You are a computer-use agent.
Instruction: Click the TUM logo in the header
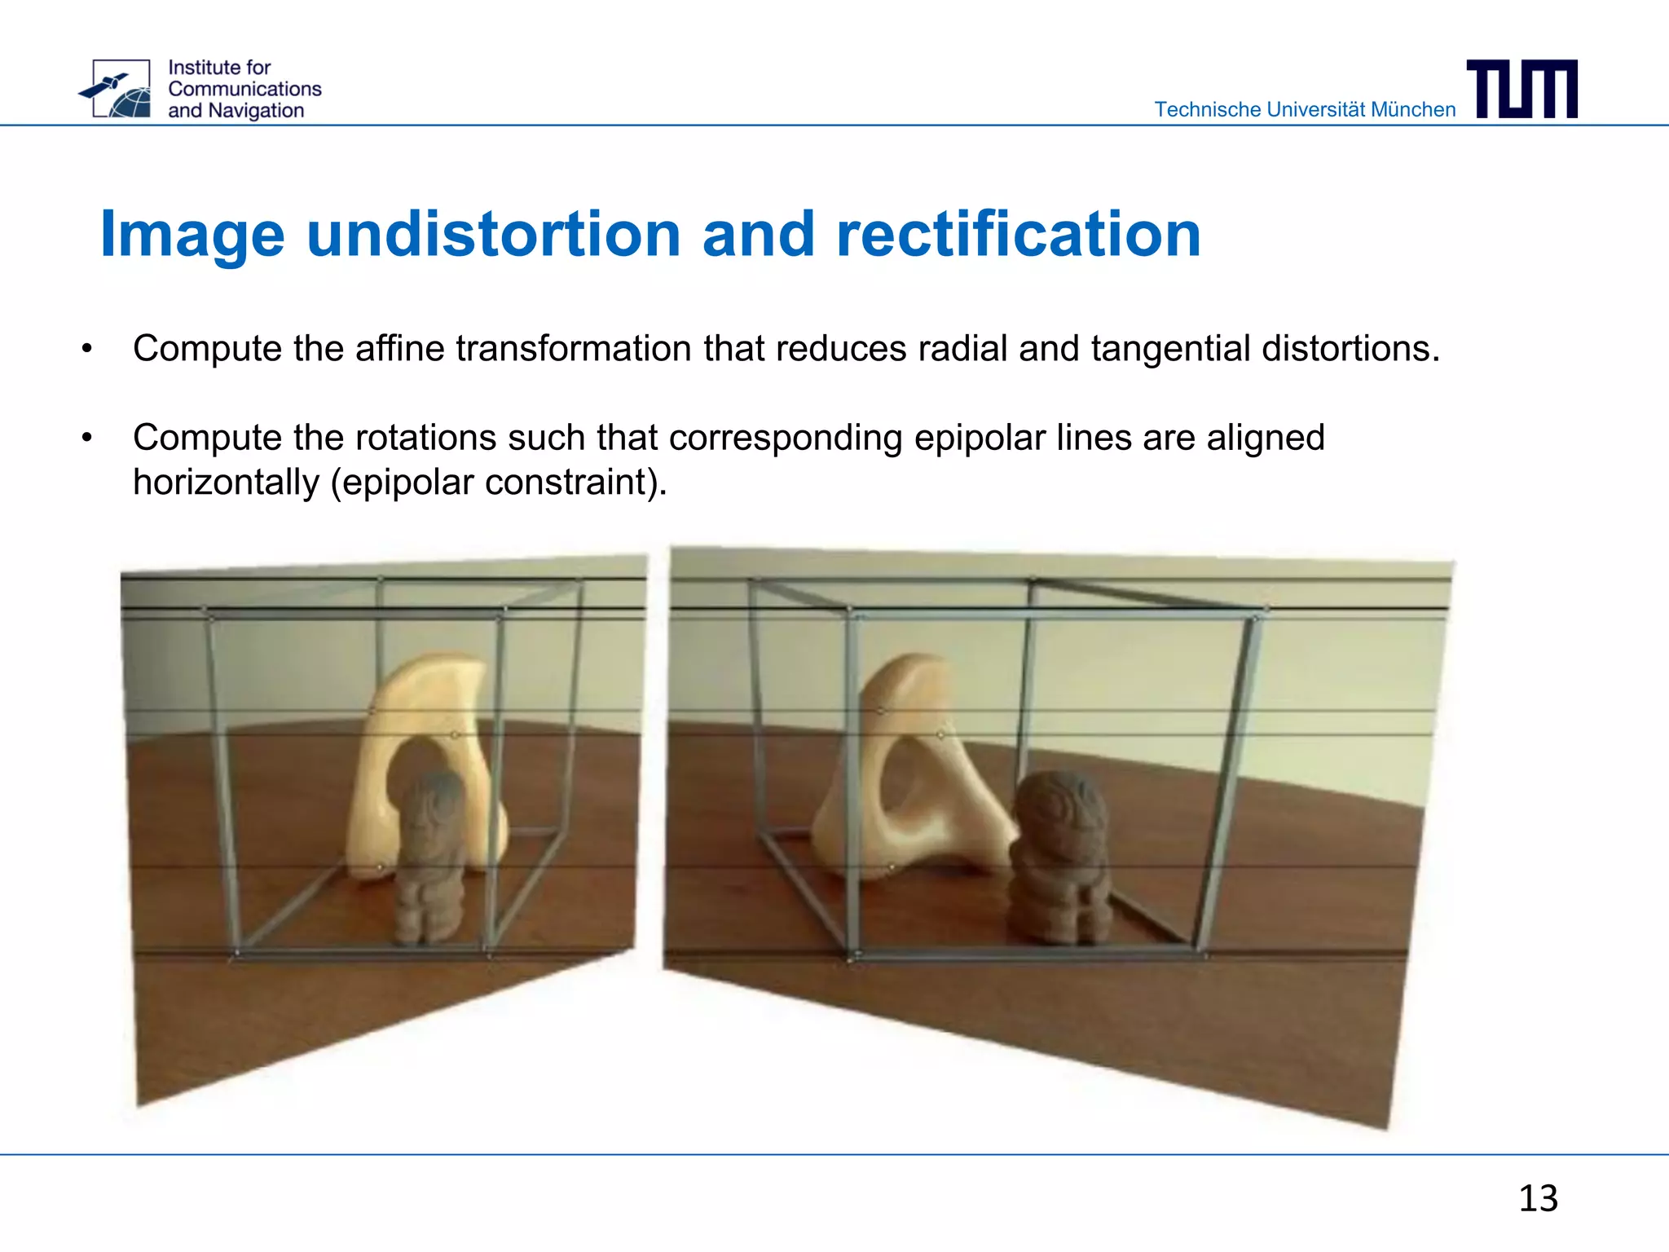pos(1521,89)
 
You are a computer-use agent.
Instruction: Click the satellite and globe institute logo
pos(117,89)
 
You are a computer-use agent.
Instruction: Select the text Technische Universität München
pos(1305,109)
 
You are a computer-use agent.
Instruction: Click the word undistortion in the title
pos(494,235)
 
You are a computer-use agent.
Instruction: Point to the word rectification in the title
pos(1019,235)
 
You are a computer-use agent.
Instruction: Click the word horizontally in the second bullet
pos(226,483)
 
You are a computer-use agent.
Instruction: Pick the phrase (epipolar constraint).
pos(499,483)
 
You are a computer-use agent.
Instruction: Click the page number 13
pos(1538,1199)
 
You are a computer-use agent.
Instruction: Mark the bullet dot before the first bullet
pos(87,350)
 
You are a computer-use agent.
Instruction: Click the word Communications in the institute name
pos(244,89)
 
